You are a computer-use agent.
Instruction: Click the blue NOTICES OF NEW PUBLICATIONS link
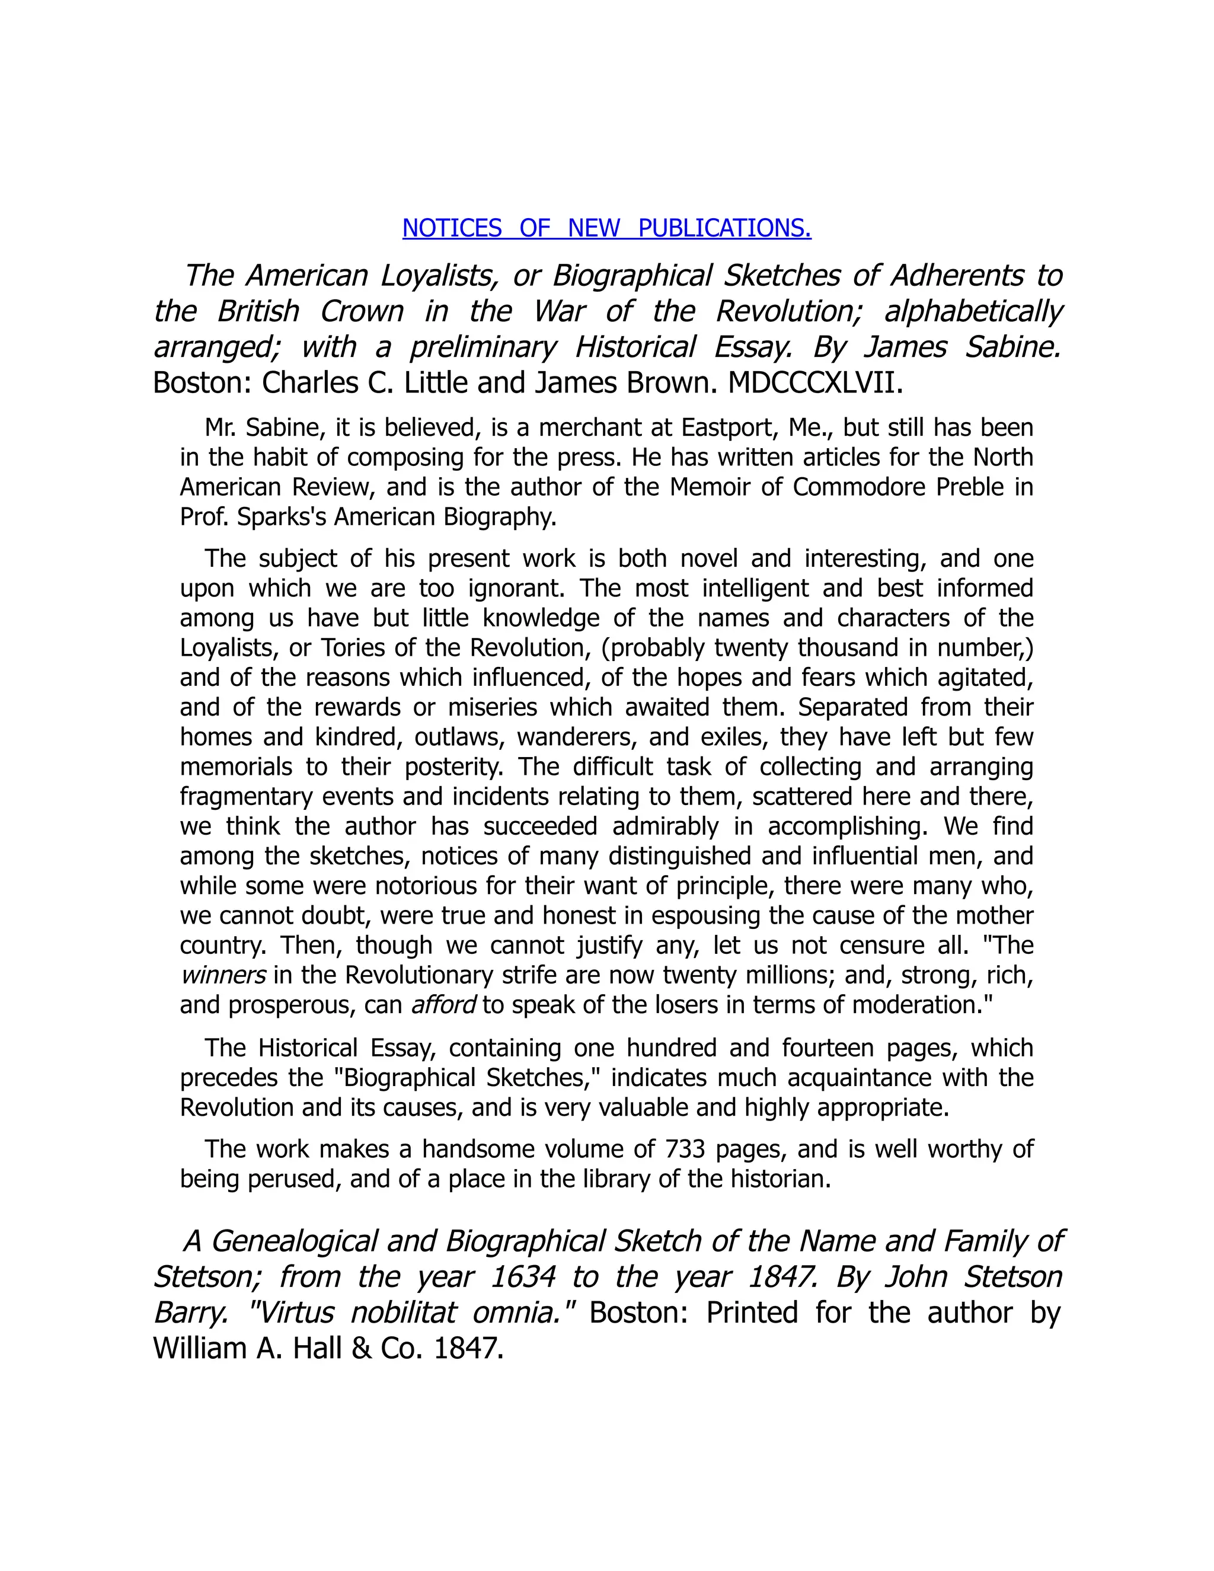point(606,228)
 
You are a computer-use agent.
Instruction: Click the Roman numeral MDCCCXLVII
point(815,384)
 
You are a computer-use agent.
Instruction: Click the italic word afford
point(443,1005)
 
